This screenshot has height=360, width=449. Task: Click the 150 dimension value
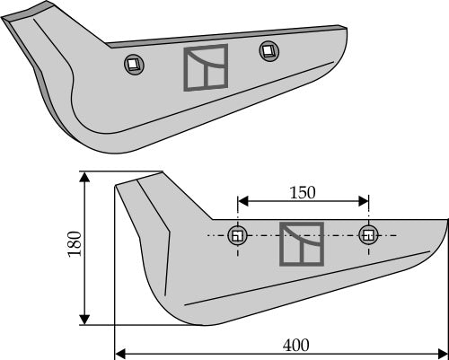click(303, 193)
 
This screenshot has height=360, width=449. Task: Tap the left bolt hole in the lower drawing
click(238, 236)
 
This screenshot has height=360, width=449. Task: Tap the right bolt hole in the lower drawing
click(367, 235)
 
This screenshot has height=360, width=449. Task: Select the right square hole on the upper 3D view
click(267, 49)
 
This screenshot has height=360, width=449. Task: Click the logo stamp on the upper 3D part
click(206, 68)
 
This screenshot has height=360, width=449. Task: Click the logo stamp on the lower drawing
click(302, 244)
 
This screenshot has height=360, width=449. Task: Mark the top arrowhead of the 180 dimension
click(85, 177)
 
